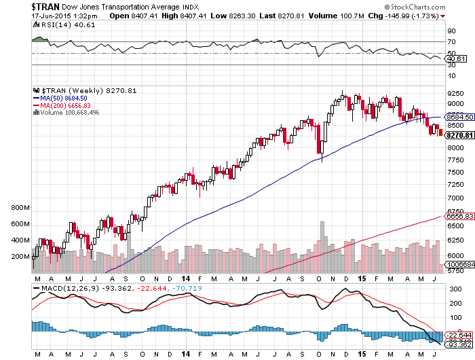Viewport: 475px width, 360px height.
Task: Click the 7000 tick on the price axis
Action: click(x=455, y=198)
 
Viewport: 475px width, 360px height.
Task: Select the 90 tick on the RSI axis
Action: click(x=450, y=31)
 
